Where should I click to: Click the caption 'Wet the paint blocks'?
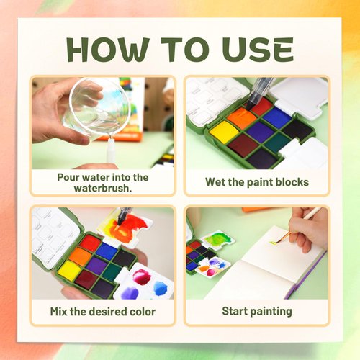(257, 182)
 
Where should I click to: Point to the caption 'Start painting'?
(257, 311)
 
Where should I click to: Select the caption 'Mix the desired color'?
(102, 311)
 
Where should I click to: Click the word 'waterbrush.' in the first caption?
(102, 188)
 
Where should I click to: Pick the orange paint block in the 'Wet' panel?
(241, 117)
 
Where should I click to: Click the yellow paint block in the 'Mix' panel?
(71, 271)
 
